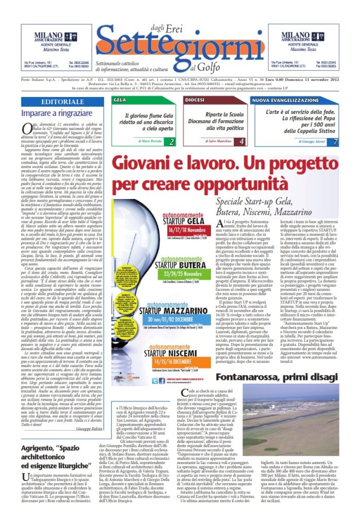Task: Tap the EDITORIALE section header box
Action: tap(63, 102)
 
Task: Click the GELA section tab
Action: tap(120, 100)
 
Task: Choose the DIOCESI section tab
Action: tap(194, 100)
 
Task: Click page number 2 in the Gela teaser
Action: tap(171, 141)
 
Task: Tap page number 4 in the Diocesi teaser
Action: tap(241, 141)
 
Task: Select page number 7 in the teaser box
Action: tap(335, 141)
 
